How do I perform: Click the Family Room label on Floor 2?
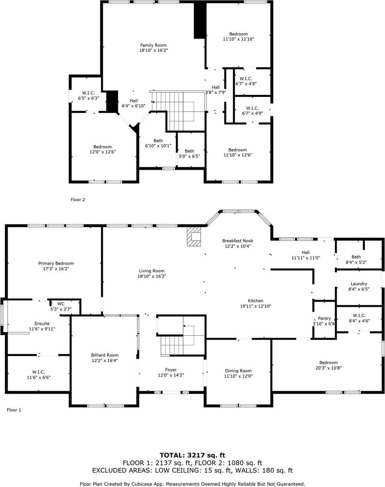153,45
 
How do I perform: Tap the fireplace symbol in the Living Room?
194,236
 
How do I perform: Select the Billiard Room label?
105,355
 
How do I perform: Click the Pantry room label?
324,318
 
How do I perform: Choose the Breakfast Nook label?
238,241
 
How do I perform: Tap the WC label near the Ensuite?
61,303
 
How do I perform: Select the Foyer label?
171,370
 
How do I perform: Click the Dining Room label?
238,371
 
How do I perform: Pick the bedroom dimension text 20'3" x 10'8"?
328,368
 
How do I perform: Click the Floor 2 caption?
78,200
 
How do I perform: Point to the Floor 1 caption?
14,410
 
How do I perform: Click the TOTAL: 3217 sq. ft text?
192,455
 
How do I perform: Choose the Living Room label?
151,271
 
